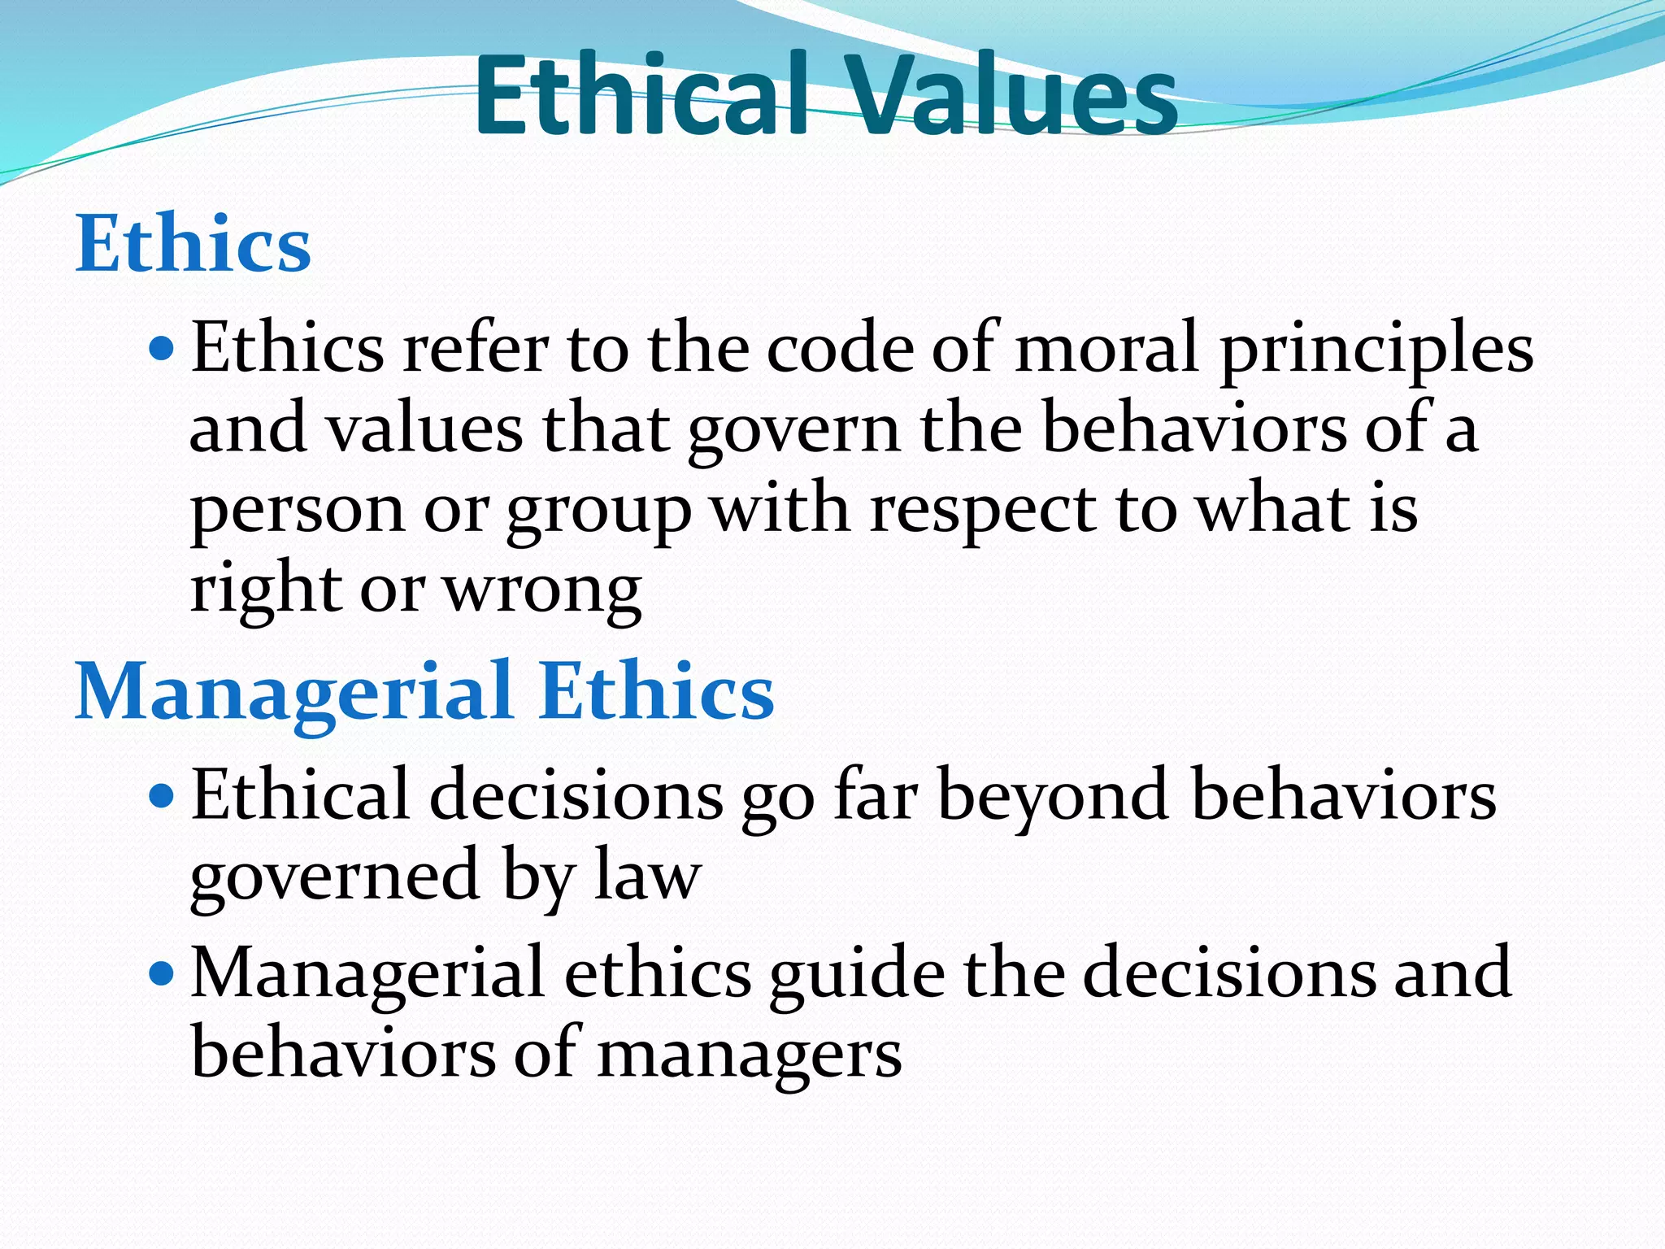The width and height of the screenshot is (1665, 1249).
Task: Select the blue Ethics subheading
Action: pyautogui.click(x=193, y=243)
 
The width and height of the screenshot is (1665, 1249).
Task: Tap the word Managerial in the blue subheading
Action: pyautogui.click(x=293, y=692)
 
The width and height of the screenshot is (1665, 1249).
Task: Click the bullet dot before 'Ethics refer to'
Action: pyautogui.click(x=163, y=350)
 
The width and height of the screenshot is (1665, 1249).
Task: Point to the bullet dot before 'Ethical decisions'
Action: pyautogui.click(x=163, y=795)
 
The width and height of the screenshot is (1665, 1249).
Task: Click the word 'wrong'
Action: pyautogui.click(x=542, y=592)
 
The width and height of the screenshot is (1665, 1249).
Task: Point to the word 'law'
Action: pyautogui.click(x=647, y=877)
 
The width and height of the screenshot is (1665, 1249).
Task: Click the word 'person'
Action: pyautogui.click(x=297, y=512)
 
